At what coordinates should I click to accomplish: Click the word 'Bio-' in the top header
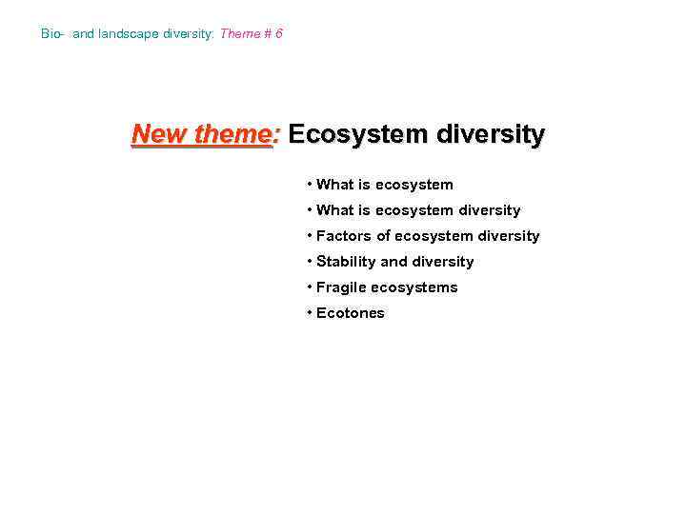tap(53, 34)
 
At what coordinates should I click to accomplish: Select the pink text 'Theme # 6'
tap(251, 34)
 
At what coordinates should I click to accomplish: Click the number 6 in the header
tap(278, 34)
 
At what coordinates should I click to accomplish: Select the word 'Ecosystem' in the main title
tap(357, 135)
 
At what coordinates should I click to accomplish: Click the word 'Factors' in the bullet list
tap(344, 236)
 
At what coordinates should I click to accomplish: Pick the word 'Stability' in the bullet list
tap(346, 262)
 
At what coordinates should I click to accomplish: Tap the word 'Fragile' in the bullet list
tap(341, 287)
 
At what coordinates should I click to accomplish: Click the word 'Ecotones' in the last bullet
tap(350, 313)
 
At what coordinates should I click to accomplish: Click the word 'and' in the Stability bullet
tap(393, 262)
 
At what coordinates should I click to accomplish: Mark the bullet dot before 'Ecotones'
tap(310, 313)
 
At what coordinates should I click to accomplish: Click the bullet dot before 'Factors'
tap(310, 236)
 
